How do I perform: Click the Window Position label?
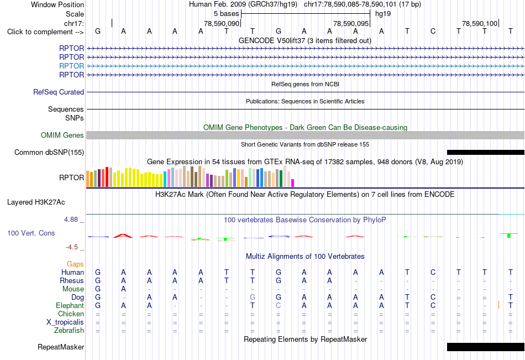pyautogui.click(x=57, y=4)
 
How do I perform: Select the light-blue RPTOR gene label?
pyautogui.click(x=71, y=66)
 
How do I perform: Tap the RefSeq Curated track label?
pyautogui.click(x=59, y=92)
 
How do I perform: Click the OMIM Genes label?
pyautogui.click(x=62, y=135)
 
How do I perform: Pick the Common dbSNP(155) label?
pyautogui.click(x=49, y=152)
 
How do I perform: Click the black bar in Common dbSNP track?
pyautogui.click(x=486, y=152)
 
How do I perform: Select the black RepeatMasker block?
pyautogui.click(x=486, y=347)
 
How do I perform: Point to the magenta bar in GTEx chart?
pyautogui.click(x=293, y=183)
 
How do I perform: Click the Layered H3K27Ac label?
pyautogui.click(x=36, y=202)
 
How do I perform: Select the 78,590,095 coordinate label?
pyautogui.click(x=351, y=23)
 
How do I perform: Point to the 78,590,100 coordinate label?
pyautogui.click(x=480, y=23)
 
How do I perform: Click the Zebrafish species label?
pyautogui.click(x=69, y=331)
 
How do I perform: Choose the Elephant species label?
pyautogui.click(x=70, y=306)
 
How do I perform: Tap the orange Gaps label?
pyautogui.click(x=75, y=264)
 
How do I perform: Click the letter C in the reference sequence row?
pyautogui.click(x=433, y=31)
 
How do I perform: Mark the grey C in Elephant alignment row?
pyautogui.click(x=278, y=306)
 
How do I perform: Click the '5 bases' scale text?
pyautogui.click(x=227, y=14)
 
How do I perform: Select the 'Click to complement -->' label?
pyautogui.click(x=45, y=32)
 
